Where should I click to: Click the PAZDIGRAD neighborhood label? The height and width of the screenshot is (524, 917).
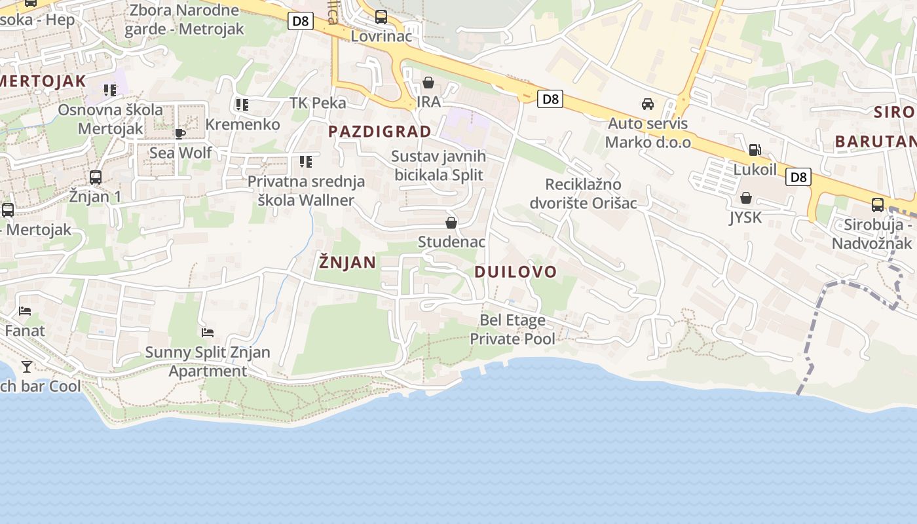click(380, 132)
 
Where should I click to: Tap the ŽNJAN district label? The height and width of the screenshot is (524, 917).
click(347, 263)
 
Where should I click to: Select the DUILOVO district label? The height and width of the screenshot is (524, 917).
click(515, 272)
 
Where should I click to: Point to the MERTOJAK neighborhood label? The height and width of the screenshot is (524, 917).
click(43, 82)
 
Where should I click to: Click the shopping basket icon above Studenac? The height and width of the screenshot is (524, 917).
click(451, 223)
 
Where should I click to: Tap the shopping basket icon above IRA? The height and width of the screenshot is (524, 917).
click(428, 83)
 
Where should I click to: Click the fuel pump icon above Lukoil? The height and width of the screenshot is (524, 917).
click(755, 150)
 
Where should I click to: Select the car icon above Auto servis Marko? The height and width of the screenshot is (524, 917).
click(647, 104)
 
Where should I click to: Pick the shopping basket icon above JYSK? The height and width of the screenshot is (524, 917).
click(745, 198)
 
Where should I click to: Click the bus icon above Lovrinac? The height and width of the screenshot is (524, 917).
click(381, 17)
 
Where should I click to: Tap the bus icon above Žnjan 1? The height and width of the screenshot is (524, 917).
click(96, 177)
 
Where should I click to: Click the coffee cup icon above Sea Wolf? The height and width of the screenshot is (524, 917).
click(180, 134)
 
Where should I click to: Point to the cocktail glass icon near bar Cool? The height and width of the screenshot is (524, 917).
click(27, 366)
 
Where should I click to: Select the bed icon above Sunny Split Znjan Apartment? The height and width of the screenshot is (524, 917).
click(208, 333)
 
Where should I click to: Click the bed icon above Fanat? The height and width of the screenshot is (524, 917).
click(25, 311)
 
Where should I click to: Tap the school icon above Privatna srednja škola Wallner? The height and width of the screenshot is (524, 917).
click(305, 161)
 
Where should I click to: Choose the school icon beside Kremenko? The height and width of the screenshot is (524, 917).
click(242, 105)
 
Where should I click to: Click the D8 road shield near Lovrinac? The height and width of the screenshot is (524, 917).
click(300, 21)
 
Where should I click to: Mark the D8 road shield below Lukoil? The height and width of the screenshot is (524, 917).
click(798, 177)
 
